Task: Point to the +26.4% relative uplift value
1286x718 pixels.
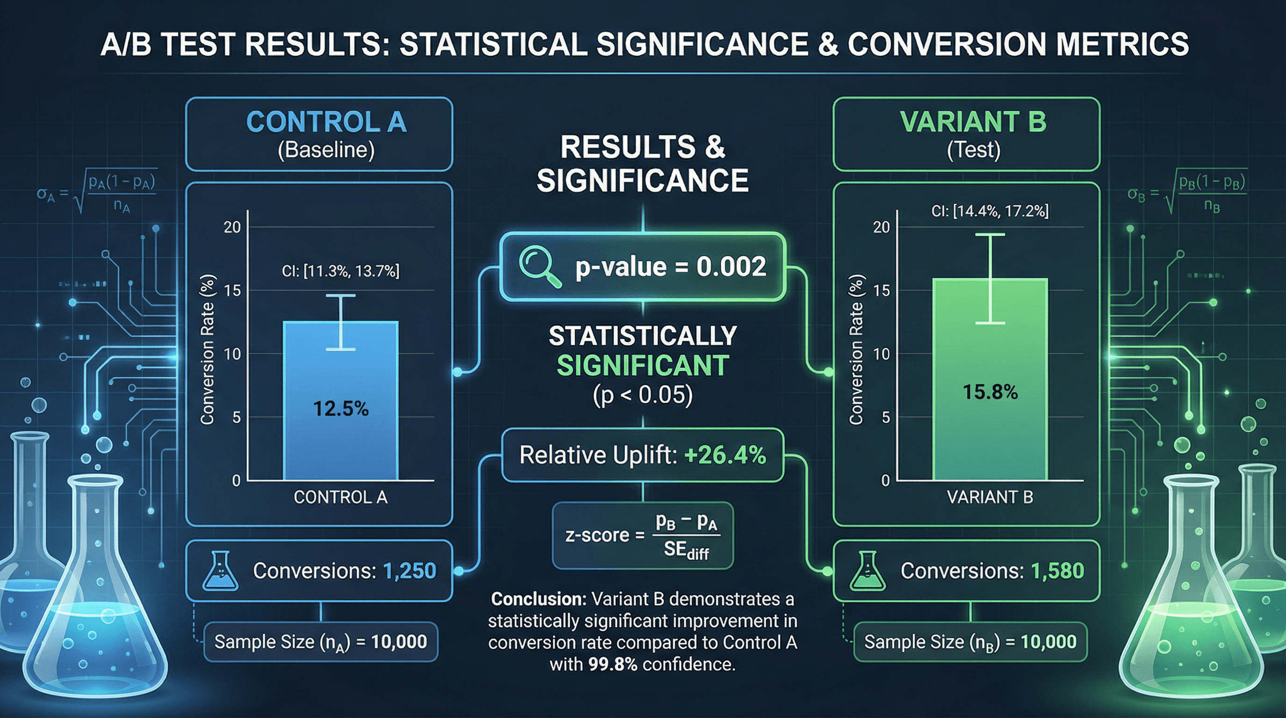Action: click(x=725, y=455)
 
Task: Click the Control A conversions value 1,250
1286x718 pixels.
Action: click(x=409, y=571)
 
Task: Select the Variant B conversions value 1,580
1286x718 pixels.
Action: click(x=1057, y=571)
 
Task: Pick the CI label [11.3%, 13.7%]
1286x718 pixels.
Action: click(x=341, y=271)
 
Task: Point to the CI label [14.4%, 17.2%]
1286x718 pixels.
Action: click(x=990, y=211)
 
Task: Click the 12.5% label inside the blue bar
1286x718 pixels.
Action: click(x=341, y=409)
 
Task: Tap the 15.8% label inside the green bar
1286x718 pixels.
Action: click(x=990, y=392)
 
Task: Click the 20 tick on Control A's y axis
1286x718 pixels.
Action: click(x=232, y=227)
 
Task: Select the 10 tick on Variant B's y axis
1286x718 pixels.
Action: click(x=881, y=354)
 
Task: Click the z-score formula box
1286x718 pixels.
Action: click(x=643, y=536)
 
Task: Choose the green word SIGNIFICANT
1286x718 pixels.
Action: click(x=643, y=366)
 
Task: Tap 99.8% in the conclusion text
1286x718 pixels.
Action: click(x=613, y=664)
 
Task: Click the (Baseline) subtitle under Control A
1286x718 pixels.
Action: click(x=326, y=150)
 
